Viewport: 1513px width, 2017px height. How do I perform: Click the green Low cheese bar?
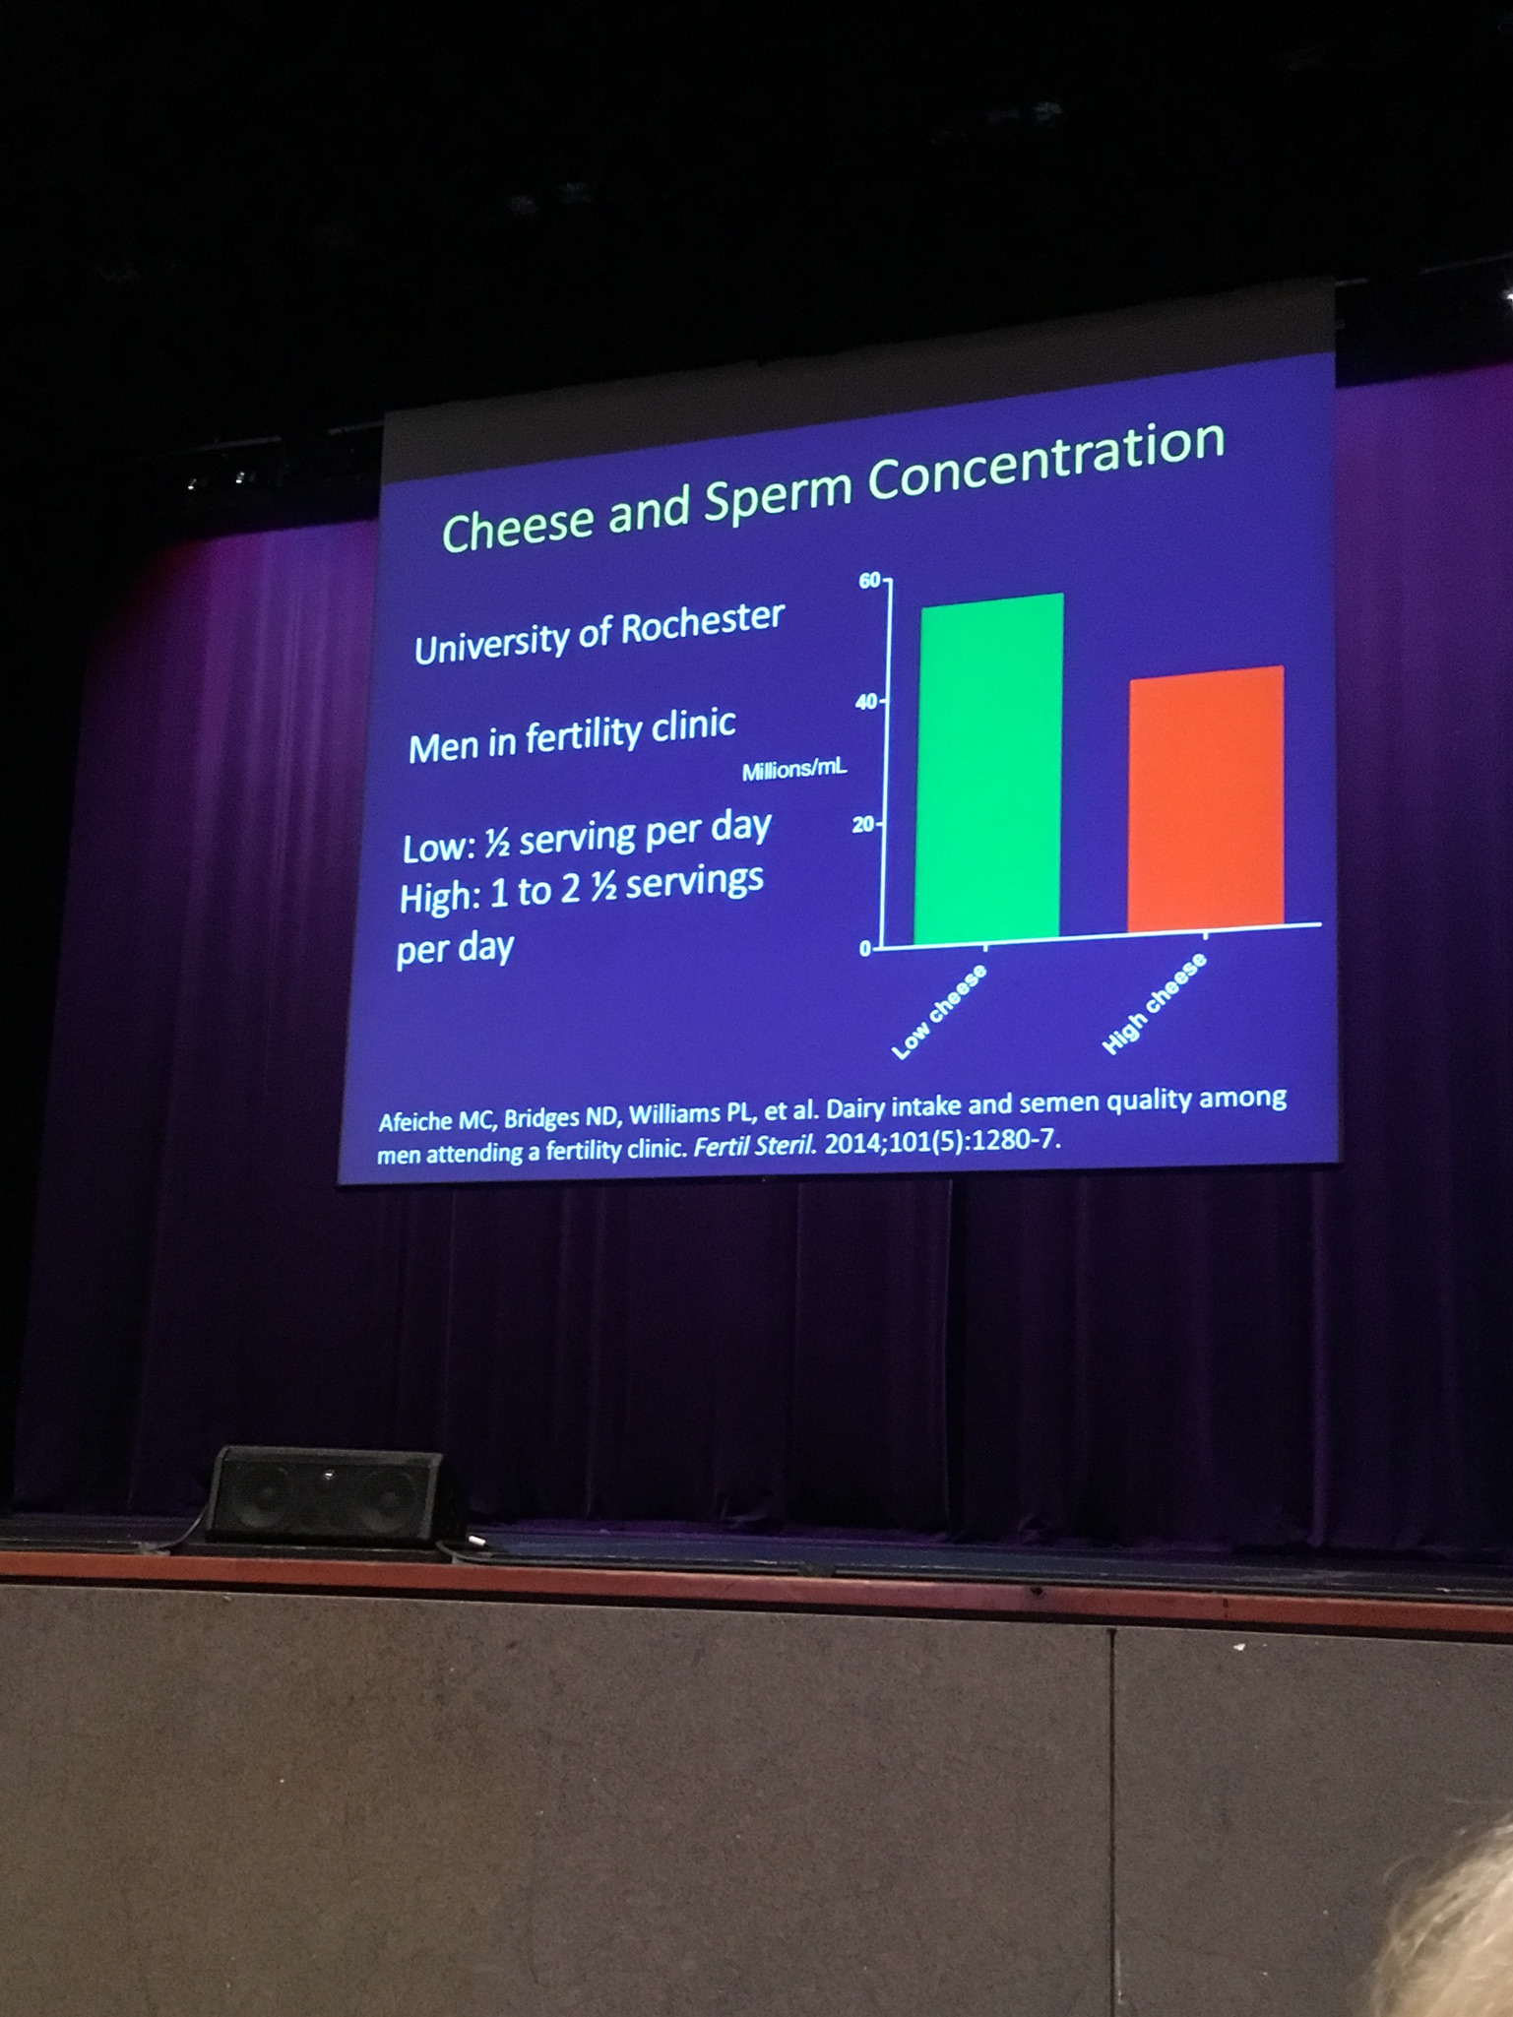(x=988, y=768)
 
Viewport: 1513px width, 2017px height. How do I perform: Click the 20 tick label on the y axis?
(x=863, y=825)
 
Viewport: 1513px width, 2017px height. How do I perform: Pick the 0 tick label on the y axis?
(x=865, y=948)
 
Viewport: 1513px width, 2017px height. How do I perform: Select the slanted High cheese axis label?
(x=1155, y=1003)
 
